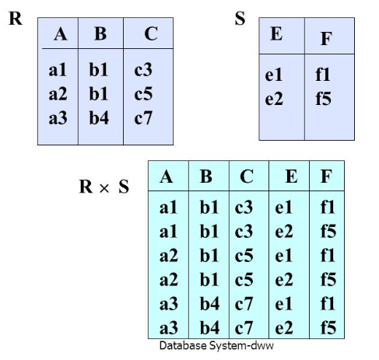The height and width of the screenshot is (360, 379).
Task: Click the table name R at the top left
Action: (16, 19)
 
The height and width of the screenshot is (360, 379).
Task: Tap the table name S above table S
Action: (240, 19)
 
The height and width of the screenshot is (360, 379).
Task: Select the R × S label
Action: (104, 187)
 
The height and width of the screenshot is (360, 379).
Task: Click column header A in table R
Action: (61, 34)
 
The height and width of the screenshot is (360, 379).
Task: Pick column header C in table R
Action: (151, 34)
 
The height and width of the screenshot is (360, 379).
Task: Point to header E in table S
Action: (276, 34)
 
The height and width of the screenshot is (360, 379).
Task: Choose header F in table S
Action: (326, 39)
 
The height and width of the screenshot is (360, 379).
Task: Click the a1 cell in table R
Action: (58, 70)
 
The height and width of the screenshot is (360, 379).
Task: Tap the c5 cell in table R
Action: (143, 94)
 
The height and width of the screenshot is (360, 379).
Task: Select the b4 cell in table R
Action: (99, 118)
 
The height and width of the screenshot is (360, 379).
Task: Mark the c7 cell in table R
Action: (143, 118)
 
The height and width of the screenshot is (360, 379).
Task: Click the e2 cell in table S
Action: (274, 99)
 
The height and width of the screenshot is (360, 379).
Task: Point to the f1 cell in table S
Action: (323, 75)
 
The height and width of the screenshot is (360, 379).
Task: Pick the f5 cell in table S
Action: (323, 99)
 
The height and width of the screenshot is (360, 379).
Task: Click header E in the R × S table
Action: (291, 177)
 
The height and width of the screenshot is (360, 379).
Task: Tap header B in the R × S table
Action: (206, 177)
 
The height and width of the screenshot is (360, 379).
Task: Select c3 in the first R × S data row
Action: (244, 208)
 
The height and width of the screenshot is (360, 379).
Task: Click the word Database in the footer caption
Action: (183, 345)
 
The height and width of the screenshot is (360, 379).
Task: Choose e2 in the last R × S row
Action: (284, 328)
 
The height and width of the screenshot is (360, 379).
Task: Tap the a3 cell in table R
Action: (58, 118)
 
